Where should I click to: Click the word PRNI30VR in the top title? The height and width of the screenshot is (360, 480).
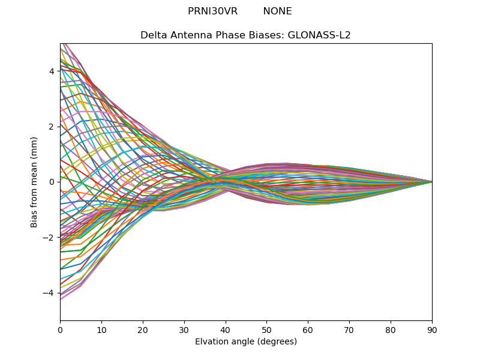tap(212, 11)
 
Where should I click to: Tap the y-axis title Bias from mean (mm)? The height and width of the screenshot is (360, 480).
tap(35, 181)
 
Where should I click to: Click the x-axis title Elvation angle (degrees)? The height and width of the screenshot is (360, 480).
tap(246, 341)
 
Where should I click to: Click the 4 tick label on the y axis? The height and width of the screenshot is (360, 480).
tap(52, 71)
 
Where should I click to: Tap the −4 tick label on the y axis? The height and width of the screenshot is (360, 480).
tap(49, 293)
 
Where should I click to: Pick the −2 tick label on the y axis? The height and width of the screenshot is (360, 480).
tap(49, 237)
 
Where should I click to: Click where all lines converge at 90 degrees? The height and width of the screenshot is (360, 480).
tap(431, 182)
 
